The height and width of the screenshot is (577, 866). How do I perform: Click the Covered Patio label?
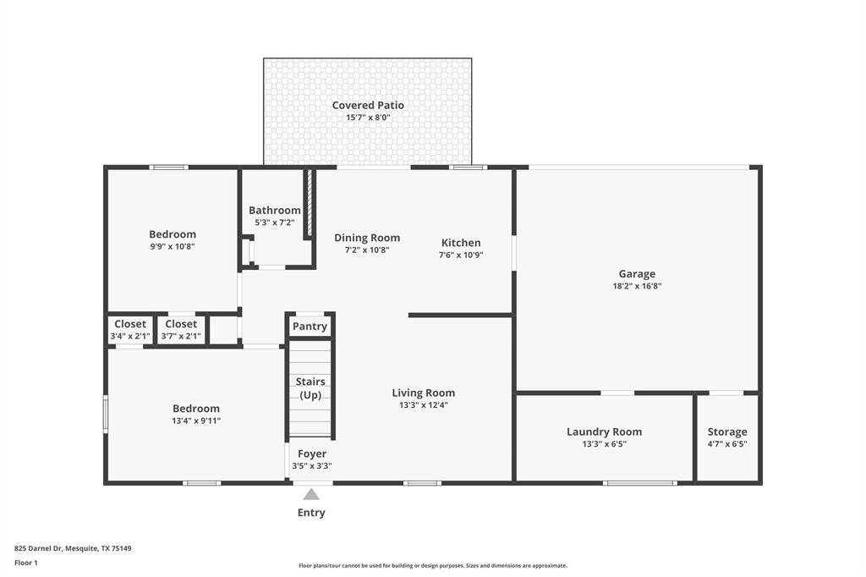coord(367,106)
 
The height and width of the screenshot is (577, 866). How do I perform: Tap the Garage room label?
coord(637,274)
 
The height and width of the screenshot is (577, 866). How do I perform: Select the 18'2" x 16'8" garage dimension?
coord(637,287)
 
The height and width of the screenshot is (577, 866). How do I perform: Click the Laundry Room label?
coord(604,432)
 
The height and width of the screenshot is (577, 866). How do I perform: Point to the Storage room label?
coord(727,432)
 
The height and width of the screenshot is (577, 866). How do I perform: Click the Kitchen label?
coord(461,243)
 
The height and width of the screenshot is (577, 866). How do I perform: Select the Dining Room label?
coord(367,238)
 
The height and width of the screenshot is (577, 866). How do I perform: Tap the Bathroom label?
coord(275,211)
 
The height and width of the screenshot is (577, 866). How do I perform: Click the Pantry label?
coord(310,327)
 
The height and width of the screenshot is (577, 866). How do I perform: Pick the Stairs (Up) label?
coord(311,388)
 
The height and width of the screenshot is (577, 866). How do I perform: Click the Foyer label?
coord(312,454)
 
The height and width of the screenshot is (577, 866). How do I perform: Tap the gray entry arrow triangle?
coord(311,495)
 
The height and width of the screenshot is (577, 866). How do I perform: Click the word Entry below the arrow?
coord(311,513)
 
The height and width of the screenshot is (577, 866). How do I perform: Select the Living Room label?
coord(423,393)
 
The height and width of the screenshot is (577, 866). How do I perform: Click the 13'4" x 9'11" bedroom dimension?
coord(196,420)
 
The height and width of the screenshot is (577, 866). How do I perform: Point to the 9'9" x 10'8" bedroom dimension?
coord(173,247)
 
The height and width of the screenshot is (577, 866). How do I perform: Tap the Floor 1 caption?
coord(26,563)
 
